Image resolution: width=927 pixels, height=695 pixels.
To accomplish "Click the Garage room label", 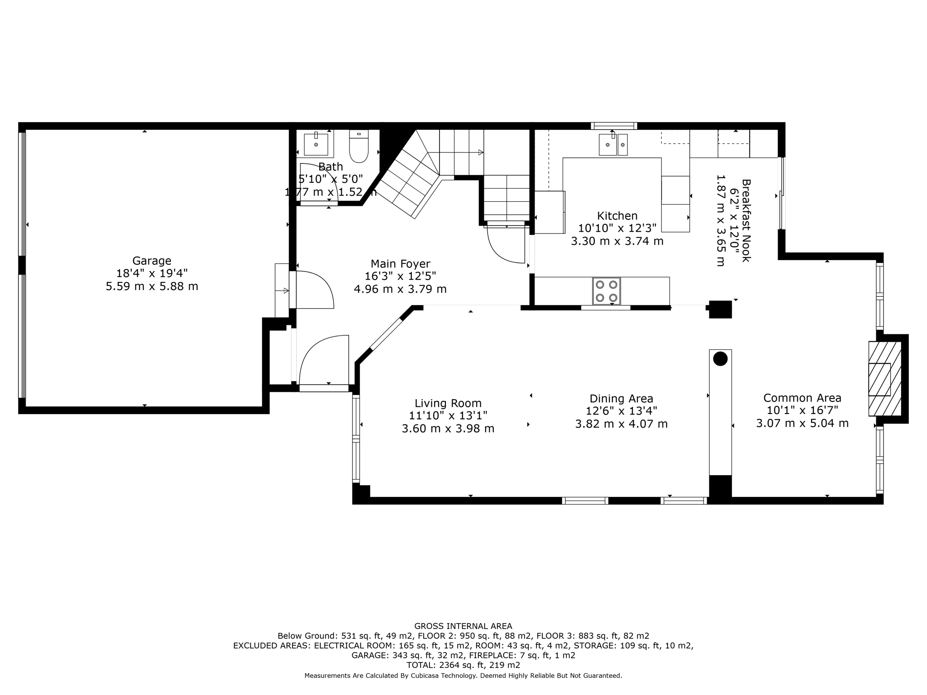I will click(152, 261).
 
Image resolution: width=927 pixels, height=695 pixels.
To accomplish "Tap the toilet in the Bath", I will click(359, 146).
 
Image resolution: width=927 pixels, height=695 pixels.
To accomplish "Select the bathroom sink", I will click(316, 144).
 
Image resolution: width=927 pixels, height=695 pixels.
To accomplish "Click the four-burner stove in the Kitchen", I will click(607, 291).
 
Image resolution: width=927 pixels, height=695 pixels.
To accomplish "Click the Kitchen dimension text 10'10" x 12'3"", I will click(617, 228).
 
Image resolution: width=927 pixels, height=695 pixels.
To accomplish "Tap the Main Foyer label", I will click(400, 264).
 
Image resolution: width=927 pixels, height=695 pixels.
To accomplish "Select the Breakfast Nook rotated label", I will click(746, 220).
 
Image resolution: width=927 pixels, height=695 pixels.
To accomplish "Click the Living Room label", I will click(448, 403).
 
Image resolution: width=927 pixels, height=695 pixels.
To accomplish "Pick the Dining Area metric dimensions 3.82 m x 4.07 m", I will click(621, 424).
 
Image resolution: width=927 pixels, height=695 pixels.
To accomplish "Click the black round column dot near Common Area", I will click(720, 359).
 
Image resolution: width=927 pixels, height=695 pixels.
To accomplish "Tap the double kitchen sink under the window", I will click(613, 145).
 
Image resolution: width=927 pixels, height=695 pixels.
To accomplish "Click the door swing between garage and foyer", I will click(315, 290).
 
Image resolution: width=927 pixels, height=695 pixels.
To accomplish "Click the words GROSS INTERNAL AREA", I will click(463, 626).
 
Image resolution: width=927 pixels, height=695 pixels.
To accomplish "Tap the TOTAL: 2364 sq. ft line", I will click(463, 665).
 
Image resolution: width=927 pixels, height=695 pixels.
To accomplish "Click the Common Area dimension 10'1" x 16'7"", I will click(802, 410).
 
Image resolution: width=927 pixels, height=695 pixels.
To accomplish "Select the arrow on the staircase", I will click(481, 152).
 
